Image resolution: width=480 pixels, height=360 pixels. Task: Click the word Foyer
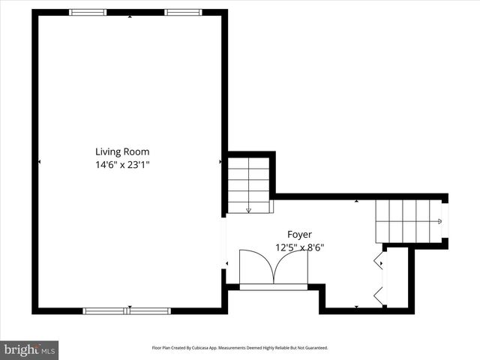(299, 234)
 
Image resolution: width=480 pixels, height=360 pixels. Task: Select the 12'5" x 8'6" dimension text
(299, 247)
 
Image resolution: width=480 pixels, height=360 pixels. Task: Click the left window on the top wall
(88, 12)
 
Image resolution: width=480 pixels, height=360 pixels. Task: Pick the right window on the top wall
(183, 12)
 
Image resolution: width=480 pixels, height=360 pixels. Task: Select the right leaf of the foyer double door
(291, 267)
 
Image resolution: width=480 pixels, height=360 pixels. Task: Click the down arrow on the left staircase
(248, 210)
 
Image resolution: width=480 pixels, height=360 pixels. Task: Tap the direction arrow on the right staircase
(439, 221)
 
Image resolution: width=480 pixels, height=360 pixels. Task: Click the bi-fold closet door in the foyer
(379, 279)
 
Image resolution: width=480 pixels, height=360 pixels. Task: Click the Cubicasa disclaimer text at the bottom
(240, 348)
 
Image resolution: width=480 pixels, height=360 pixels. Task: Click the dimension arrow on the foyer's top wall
(356, 201)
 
